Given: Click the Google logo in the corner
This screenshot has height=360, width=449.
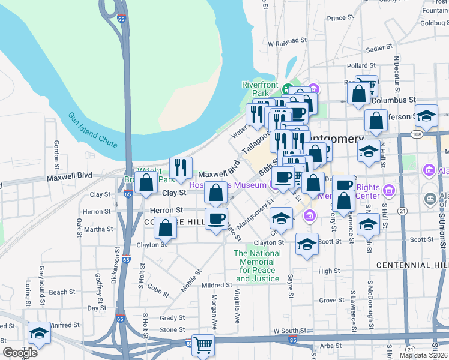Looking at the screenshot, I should pyautogui.click(x=20, y=353).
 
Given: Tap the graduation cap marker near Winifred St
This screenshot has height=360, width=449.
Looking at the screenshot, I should pyautogui.click(x=39, y=333).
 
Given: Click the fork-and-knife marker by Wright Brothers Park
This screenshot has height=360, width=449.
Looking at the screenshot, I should pyautogui.click(x=181, y=167).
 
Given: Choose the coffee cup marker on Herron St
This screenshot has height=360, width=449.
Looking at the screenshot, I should pyautogui.click(x=216, y=218).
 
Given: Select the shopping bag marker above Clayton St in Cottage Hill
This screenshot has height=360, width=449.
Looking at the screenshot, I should pyautogui.click(x=166, y=227).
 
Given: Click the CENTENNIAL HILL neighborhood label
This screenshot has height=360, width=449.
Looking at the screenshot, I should pyautogui.click(x=412, y=265).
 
